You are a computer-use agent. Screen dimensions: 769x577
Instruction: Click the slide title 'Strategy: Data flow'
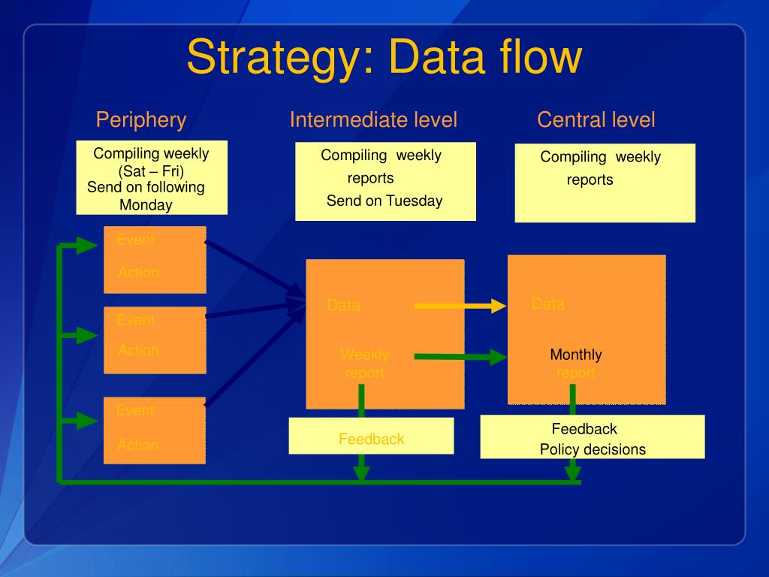point(384,57)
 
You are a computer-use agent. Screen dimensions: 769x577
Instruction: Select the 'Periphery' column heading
point(140,119)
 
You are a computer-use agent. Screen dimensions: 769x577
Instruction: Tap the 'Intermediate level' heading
point(373,119)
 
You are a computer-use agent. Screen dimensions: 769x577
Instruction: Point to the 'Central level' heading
point(596,119)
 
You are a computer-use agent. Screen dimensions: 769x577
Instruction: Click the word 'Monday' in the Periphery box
point(146,205)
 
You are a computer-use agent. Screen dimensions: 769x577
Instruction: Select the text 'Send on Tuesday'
point(384,201)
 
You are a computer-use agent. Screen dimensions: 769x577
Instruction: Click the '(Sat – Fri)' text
point(151,171)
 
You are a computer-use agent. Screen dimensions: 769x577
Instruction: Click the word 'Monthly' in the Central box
point(576,355)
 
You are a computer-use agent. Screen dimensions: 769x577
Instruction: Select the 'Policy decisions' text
point(593,450)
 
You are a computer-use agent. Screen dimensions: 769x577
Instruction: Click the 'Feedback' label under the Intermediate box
point(371,440)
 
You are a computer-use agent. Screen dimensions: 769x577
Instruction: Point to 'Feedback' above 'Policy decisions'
point(584,429)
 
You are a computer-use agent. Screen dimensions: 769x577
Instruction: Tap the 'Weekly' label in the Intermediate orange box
point(364,355)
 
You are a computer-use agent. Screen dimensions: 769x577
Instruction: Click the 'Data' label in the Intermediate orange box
point(343,306)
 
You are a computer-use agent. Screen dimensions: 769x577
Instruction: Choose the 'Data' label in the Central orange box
point(548,304)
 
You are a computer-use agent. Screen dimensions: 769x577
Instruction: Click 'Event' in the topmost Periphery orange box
point(135,240)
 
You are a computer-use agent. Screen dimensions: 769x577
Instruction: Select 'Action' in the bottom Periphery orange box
point(138,446)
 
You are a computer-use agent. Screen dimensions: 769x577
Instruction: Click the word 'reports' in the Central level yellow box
point(590,180)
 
